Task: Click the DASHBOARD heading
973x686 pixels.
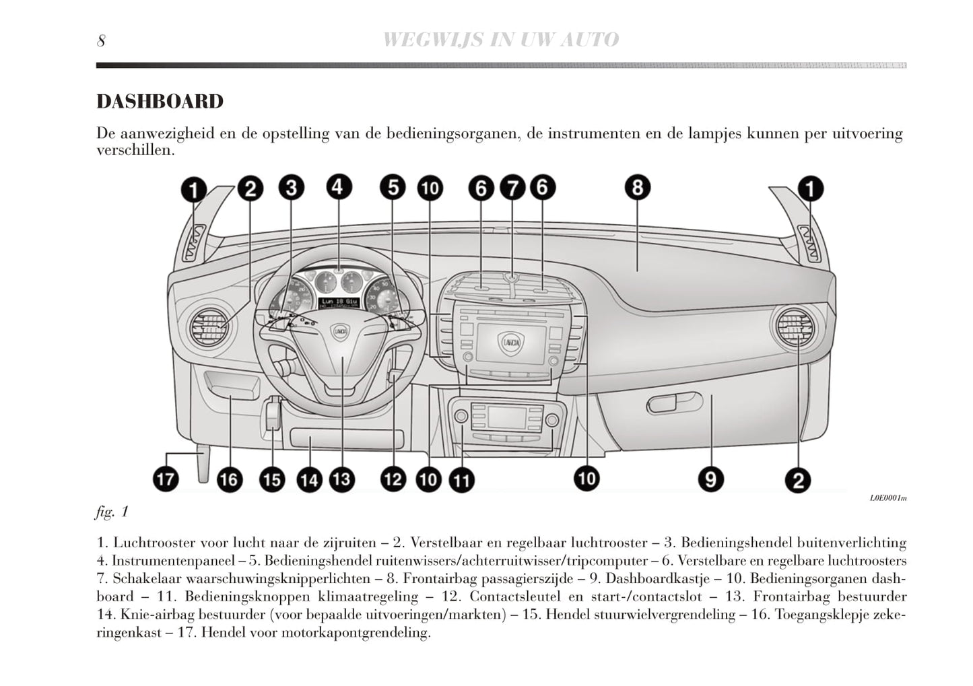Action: pos(160,102)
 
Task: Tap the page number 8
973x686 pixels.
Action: pos(101,41)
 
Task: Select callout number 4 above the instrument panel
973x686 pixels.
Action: pos(339,186)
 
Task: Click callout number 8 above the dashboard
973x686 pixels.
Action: pos(637,187)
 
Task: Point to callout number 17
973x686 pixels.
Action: pos(166,479)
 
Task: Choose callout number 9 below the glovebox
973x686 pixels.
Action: pos(710,479)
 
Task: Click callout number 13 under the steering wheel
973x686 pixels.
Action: pos(341,479)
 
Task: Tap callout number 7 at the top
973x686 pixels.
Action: pos(512,188)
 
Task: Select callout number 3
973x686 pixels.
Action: pos(291,188)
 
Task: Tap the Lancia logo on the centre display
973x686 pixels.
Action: pos(510,343)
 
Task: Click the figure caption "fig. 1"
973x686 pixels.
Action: pos(112,512)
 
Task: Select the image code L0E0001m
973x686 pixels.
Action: pos(887,498)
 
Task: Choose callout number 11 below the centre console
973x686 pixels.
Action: pos(461,480)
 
